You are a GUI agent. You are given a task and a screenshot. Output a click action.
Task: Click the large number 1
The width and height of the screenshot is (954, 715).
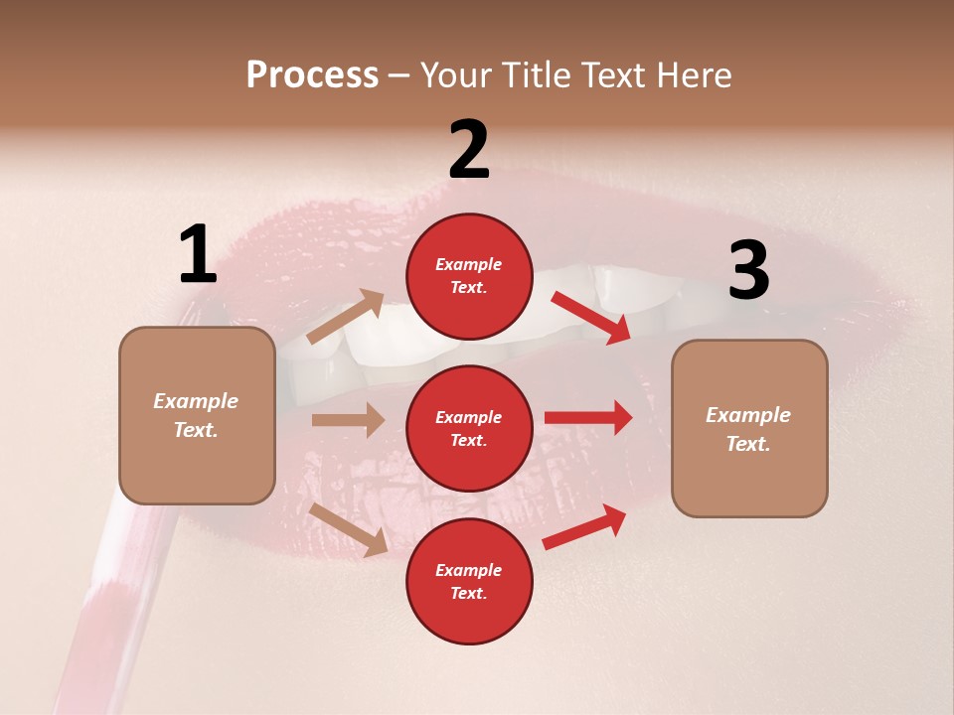[198, 255]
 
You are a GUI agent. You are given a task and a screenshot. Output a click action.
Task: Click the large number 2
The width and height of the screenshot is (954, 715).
[469, 149]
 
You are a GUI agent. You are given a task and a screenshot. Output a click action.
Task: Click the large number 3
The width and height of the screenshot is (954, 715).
[748, 271]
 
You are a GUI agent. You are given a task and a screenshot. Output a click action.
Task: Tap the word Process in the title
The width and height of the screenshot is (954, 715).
[312, 74]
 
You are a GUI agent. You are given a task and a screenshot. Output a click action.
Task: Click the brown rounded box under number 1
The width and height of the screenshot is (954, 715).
[197, 415]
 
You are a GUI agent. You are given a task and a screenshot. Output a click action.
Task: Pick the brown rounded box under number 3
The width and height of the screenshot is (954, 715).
[749, 429]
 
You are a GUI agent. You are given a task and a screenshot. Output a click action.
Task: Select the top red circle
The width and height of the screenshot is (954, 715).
[469, 276]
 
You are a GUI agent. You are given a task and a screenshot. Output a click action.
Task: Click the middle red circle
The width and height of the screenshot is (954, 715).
[469, 428]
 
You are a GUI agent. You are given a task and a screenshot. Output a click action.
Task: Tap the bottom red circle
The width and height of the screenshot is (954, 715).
[469, 581]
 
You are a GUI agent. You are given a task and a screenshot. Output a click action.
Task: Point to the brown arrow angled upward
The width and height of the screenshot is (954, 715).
[346, 316]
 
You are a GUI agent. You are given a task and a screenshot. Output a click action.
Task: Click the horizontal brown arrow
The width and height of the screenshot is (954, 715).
[348, 420]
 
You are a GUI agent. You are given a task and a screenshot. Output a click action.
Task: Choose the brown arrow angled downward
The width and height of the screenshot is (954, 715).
[349, 529]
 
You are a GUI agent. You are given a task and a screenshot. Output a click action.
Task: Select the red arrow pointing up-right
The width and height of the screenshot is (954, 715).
[585, 526]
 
